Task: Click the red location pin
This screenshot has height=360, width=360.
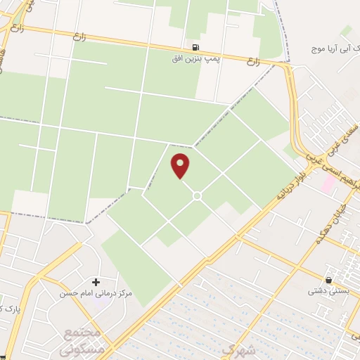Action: (x=181, y=165)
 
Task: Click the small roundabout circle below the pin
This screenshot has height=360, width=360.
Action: (x=197, y=195)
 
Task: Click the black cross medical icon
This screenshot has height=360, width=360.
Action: (x=96, y=281)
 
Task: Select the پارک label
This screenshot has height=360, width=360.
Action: (x=8, y=309)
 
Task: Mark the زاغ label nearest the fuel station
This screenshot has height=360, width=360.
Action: (x=252, y=62)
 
